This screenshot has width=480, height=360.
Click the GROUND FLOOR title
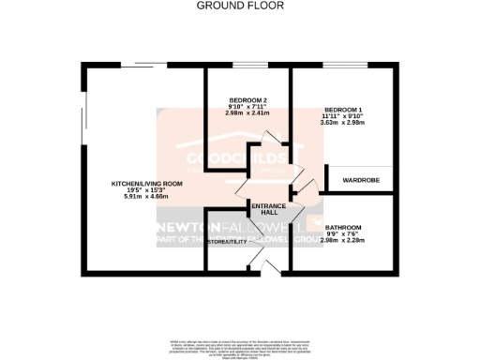(x=239, y=6)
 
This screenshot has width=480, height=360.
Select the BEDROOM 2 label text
(x=248, y=100)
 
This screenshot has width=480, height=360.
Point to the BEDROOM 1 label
(x=341, y=108)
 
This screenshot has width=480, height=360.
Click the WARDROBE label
(x=360, y=178)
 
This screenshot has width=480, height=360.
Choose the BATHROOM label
(x=342, y=228)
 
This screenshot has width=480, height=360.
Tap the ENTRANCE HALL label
(x=267, y=208)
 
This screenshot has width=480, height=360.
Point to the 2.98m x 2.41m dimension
(x=248, y=113)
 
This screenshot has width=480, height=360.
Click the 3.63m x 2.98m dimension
(x=341, y=122)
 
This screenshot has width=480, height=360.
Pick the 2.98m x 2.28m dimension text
(x=342, y=241)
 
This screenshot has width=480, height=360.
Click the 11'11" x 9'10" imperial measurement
(x=341, y=115)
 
